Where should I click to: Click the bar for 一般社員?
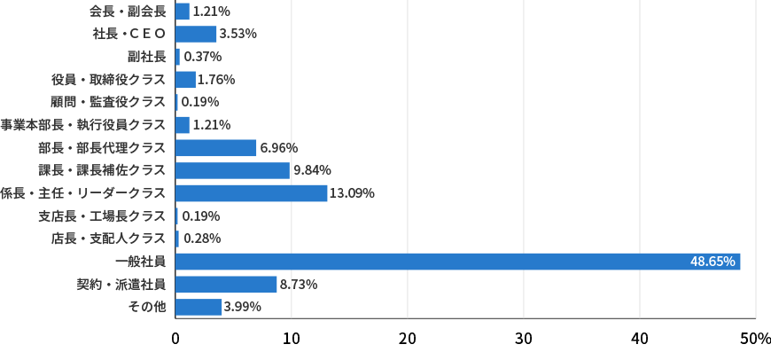click(x=457, y=262)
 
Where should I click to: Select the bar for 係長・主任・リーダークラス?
click(x=251, y=193)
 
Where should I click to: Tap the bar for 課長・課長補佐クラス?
click(x=232, y=170)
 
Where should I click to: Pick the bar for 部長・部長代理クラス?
click(x=215, y=148)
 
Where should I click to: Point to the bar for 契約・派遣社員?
click(x=226, y=285)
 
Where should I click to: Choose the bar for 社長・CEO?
click(x=195, y=34)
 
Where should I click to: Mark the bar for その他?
click(x=199, y=307)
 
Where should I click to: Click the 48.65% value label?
click(x=713, y=262)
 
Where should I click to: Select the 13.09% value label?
click(x=352, y=193)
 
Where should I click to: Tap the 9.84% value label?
click(x=312, y=170)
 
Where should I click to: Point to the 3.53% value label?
click(x=238, y=34)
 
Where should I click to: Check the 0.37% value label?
click(x=202, y=57)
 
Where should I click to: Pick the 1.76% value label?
click(x=216, y=80)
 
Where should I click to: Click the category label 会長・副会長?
click(x=128, y=12)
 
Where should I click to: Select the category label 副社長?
click(x=146, y=57)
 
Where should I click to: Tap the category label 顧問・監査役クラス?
click(x=108, y=102)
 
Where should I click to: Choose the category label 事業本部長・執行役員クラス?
click(x=82, y=125)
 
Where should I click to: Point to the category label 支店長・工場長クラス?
click(x=102, y=216)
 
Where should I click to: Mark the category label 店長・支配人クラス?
click(x=108, y=239)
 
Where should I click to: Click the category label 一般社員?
click(x=140, y=262)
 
